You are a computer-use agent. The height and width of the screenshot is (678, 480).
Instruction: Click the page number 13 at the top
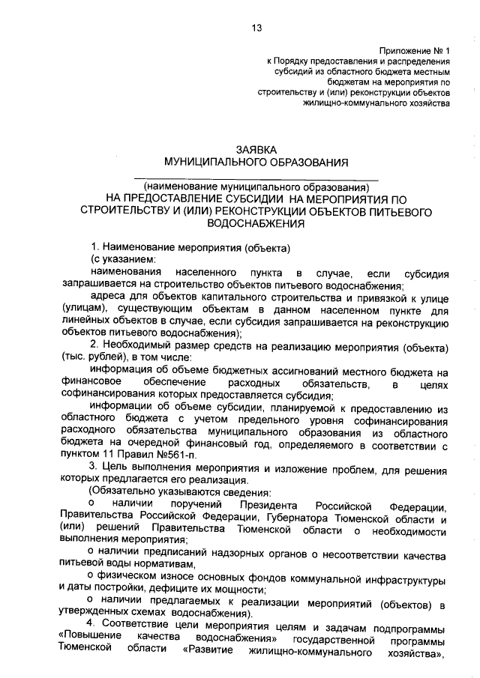(x=256, y=28)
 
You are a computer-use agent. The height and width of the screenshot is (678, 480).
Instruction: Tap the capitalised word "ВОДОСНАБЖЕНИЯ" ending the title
(x=257, y=223)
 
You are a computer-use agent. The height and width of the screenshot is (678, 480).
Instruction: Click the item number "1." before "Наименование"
(x=94, y=247)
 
